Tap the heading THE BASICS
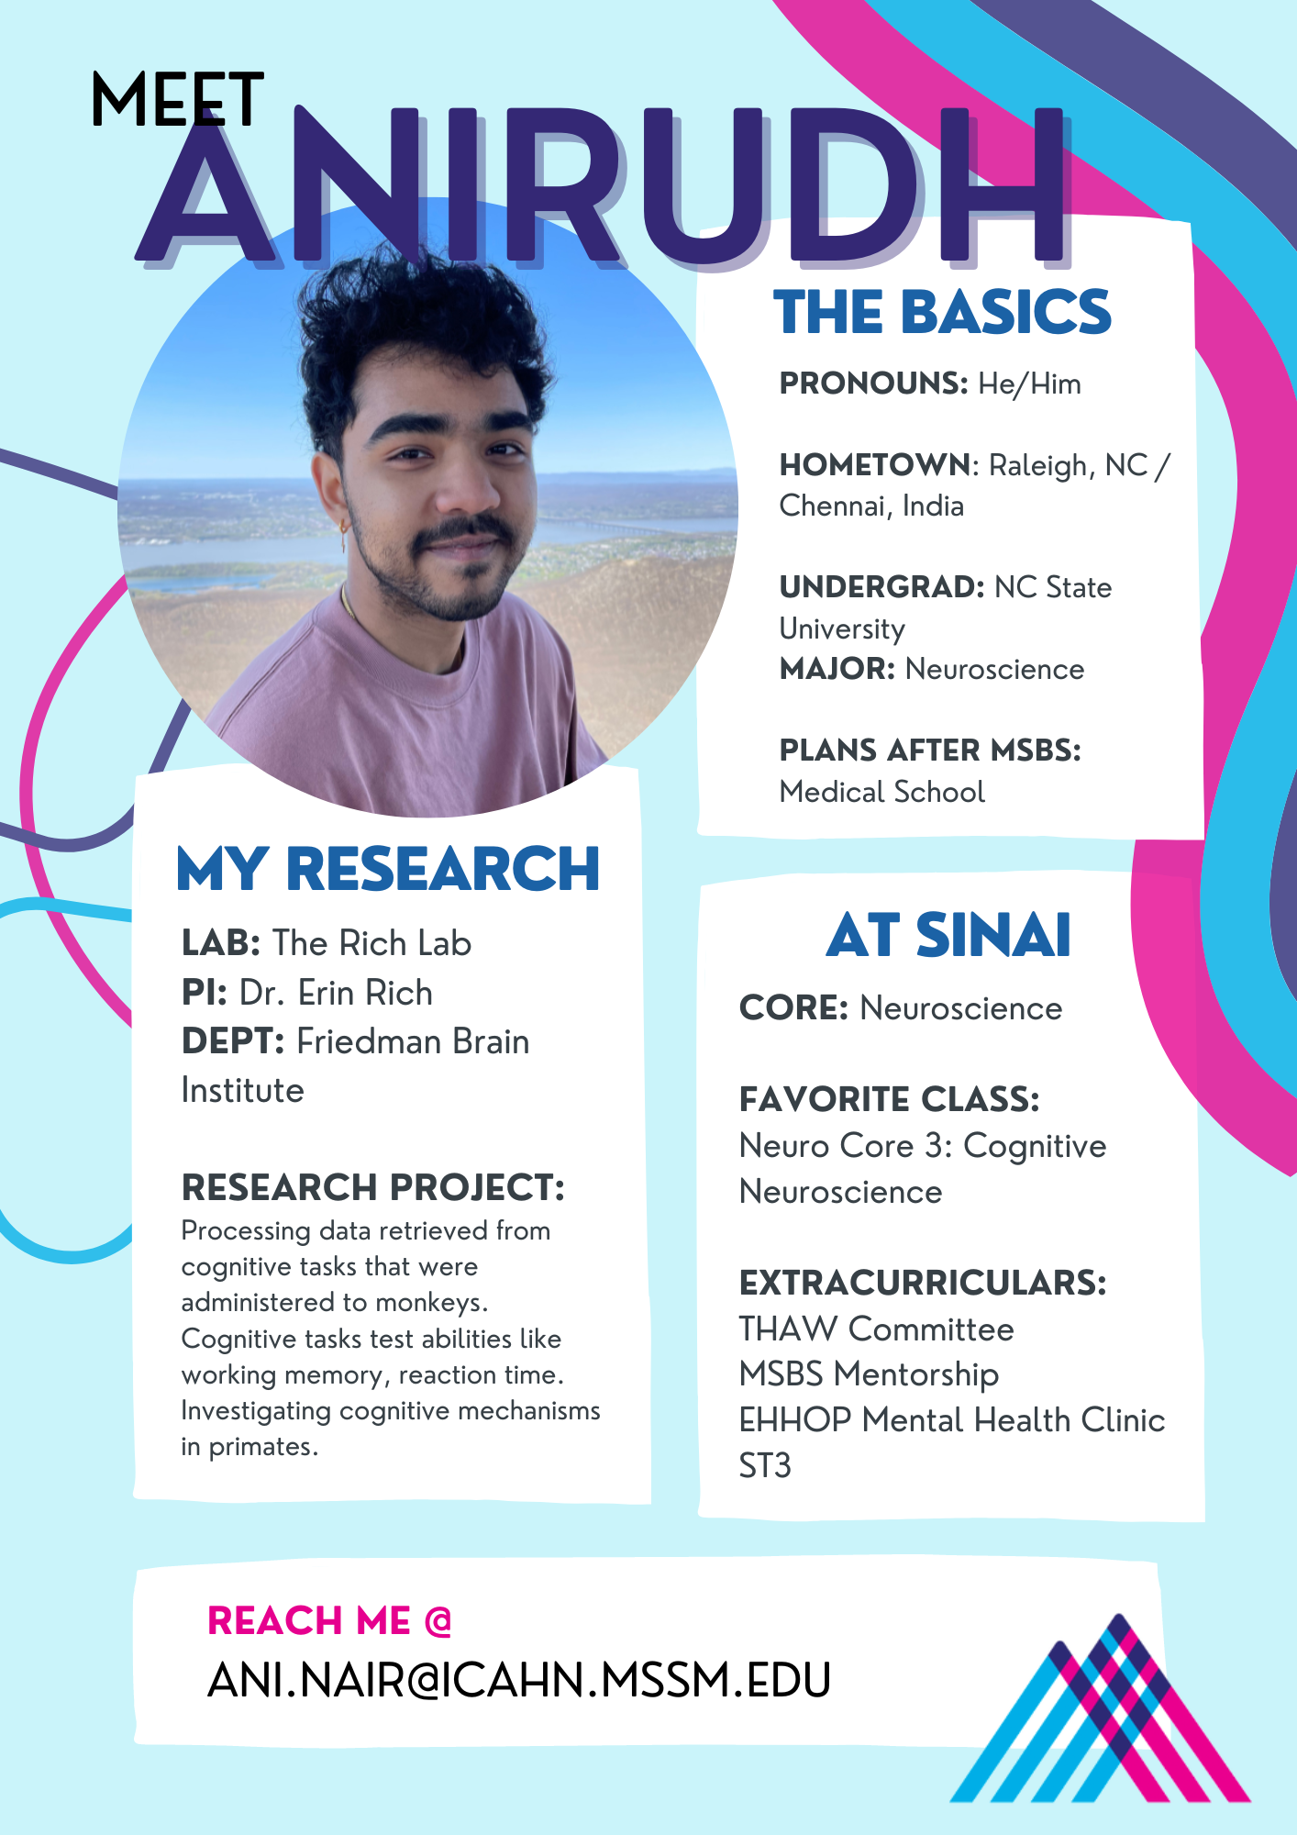(x=942, y=312)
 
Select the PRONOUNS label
(x=873, y=384)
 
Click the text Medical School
(x=882, y=792)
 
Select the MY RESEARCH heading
(x=388, y=869)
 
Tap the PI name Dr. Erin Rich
(x=336, y=993)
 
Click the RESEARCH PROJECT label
(x=373, y=1187)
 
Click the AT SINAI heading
(x=948, y=936)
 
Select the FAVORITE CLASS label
(x=890, y=1099)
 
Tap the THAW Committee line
(x=877, y=1329)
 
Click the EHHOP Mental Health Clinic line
(x=952, y=1420)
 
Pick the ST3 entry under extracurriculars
(x=765, y=1465)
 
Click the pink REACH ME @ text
(x=330, y=1621)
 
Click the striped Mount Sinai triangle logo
(x=1101, y=1708)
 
